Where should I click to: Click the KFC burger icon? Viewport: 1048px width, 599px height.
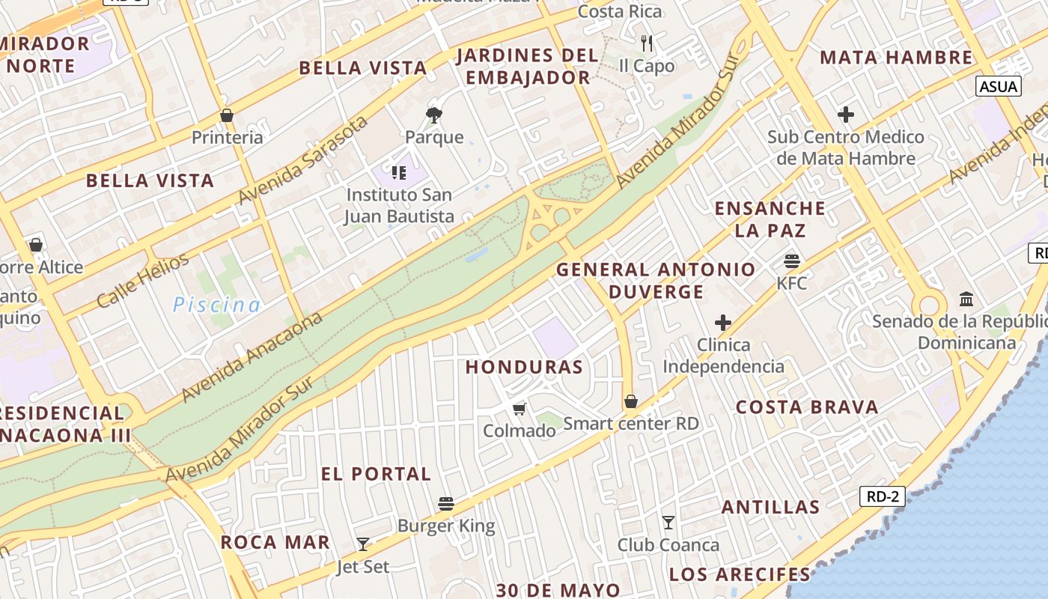(792, 261)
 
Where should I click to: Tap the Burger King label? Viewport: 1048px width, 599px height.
(446, 526)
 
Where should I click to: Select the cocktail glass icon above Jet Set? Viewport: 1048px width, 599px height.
(363, 544)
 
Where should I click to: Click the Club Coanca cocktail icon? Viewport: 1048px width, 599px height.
(668, 522)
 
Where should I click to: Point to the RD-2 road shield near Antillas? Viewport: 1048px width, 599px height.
(883, 496)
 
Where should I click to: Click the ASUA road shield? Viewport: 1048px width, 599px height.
(999, 86)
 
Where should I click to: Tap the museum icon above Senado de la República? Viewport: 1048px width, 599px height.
(966, 299)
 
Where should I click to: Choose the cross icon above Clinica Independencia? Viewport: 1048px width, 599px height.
(723, 323)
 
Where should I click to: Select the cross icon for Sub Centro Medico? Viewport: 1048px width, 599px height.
(846, 115)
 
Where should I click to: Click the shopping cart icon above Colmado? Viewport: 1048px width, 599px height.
(520, 409)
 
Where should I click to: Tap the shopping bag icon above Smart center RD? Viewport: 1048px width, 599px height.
(631, 401)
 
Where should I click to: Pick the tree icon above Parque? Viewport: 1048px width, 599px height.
(433, 115)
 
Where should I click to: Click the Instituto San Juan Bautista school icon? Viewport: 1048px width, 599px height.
(399, 173)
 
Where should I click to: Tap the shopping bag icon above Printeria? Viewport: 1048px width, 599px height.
(227, 115)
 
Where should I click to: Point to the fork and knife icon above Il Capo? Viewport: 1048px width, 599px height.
(647, 43)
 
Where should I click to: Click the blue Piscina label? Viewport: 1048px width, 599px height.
(216, 305)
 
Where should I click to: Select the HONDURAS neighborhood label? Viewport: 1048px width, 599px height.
(524, 367)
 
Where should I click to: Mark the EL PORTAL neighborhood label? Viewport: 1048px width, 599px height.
(376, 474)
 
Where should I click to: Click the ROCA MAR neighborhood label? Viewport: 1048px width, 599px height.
(275, 542)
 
